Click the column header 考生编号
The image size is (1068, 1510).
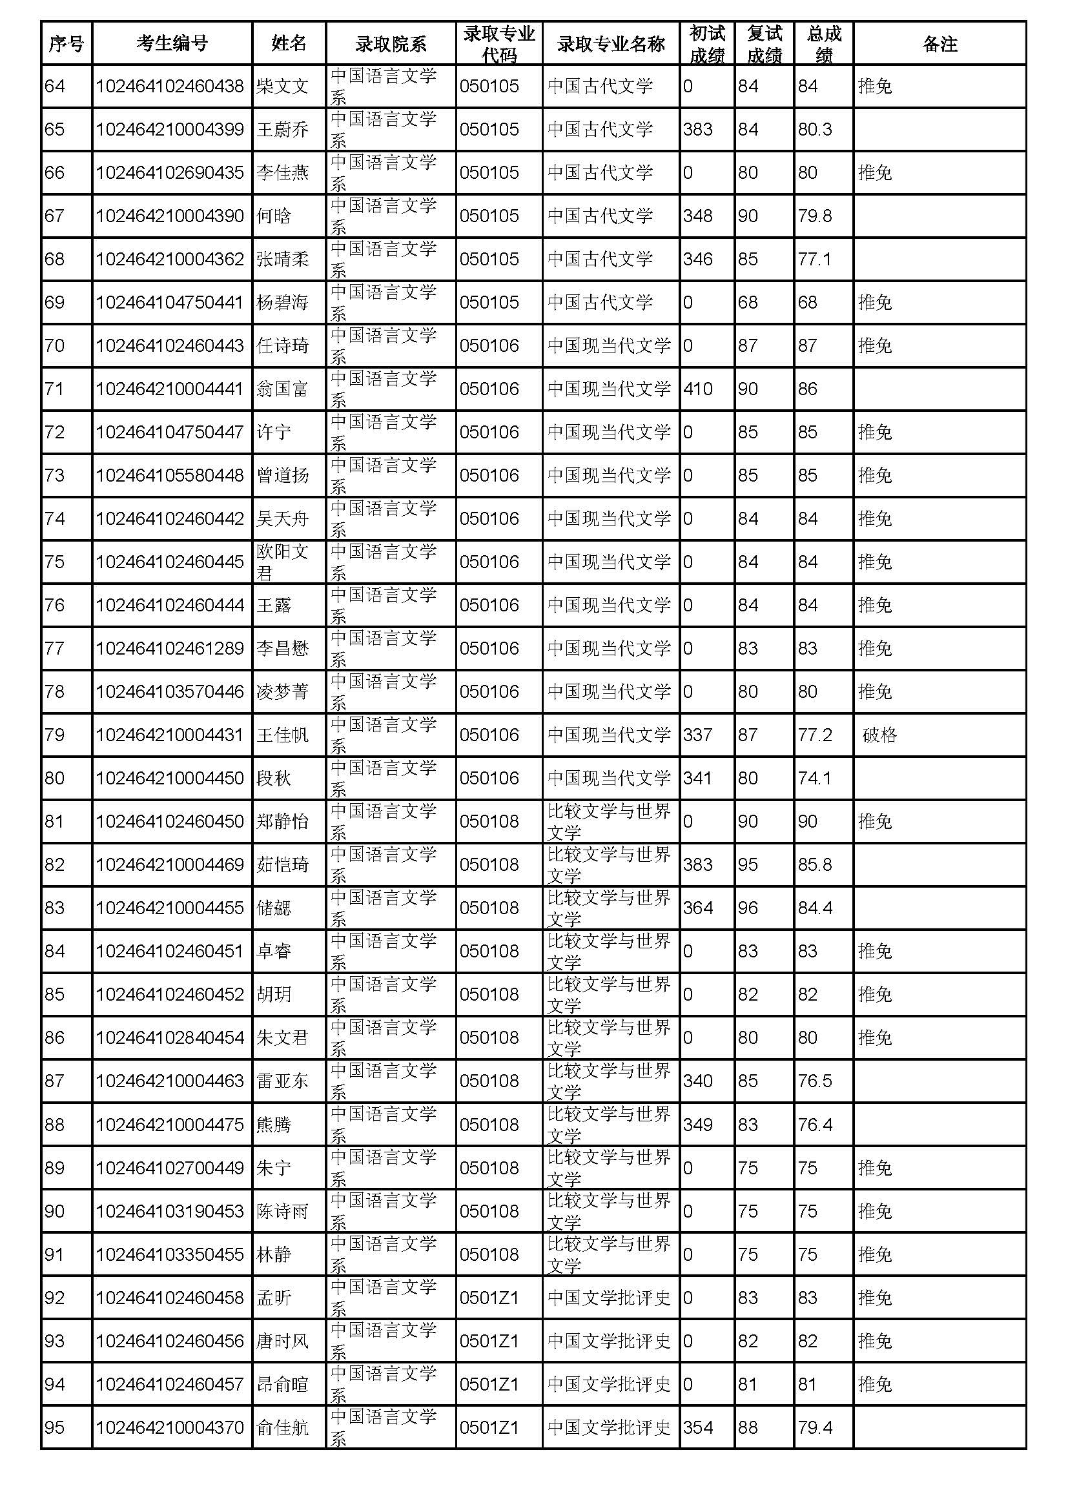click(x=172, y=43)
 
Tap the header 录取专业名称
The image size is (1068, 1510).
click(x=610, y=43)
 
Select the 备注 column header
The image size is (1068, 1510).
click(x=939, y=43)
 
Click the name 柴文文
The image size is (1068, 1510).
click(x=282, y=86)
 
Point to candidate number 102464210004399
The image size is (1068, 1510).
click(x=170, y=130)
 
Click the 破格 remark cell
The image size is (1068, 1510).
click(x=879, y=735)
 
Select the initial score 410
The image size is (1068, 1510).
click(x=698, y=389)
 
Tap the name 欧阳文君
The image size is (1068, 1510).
click(x=282, y=562)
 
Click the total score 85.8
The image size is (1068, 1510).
click(x=815, y=864)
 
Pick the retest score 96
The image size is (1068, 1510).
click(x=748, y=908)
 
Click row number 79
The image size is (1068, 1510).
click(x=55, y=735)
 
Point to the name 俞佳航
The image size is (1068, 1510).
click(x=282, y=1428)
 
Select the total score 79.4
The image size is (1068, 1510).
click(x=815, y=1428)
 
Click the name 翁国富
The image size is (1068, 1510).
click(x=282, y=389)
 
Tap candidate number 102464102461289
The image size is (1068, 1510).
click(x=170, y=648)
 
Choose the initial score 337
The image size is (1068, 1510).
click(x=698, y=735)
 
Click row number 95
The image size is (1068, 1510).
click(x=55, y=1428)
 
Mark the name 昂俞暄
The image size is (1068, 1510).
click(x=282, y=1384)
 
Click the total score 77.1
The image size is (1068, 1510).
click(x=814, y=259)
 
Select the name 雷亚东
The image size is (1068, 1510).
click(x=282, y=1081)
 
